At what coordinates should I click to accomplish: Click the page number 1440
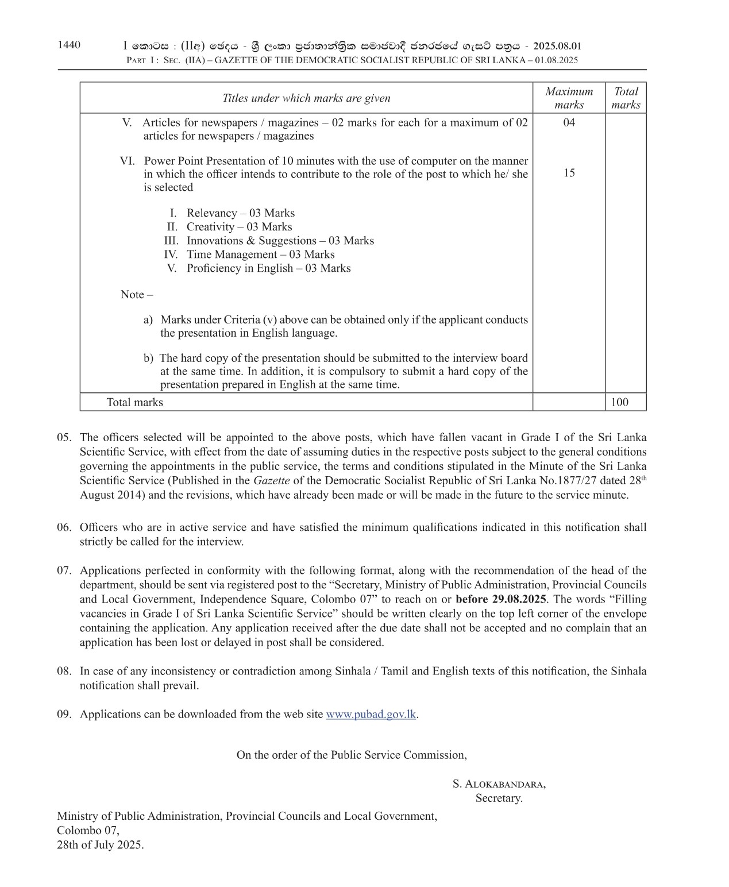coord(69,45)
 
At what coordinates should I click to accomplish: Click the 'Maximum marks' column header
coord(569,98)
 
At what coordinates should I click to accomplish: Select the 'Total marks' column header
coord(626,98)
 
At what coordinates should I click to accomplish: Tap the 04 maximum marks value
coord(569,122)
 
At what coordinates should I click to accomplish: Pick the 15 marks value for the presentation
coord(569,173)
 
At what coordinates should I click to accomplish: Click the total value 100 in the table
coord(619,402)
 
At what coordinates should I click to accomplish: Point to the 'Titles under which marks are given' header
coord(306,98)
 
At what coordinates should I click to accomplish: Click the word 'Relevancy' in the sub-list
coord(211,213)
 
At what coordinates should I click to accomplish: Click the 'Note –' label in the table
coord(137,294)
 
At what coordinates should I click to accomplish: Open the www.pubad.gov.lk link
coord(371,714)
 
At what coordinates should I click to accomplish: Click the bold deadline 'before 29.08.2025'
coord(501,599)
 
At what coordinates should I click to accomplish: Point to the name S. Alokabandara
coord(499,784)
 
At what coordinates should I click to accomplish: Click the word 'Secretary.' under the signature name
coord(499,797)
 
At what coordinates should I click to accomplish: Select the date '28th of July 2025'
coord(100,844)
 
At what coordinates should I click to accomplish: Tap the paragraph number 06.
coord(64,527)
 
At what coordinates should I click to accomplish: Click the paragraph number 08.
coord(64,671)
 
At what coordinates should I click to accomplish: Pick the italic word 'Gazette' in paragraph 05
coord(271,480)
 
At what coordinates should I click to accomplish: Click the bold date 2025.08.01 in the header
coord(557,47)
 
